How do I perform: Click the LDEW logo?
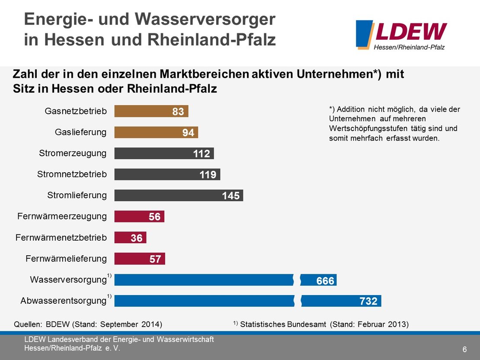click(x=401, y=35)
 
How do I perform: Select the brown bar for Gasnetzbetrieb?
click(x=143, y=112)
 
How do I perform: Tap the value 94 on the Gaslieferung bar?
click(x=188, y=133)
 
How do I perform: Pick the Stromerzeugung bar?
click(x=151, y=154)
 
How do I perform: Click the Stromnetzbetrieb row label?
click(x=72, y=174)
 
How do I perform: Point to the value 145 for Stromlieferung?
click(x=230, y=196)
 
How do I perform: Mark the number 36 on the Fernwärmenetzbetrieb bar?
click(x=137, y=238)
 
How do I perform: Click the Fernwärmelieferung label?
click(x=66, y=259)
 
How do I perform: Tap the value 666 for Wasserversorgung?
click(x=325, y=281)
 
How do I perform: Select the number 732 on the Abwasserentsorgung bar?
click(x=368, y=301)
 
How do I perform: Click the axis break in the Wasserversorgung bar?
click(x=297, y=280)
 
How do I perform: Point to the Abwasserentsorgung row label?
click(x=63, y=301)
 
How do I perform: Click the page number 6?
click(x=464, y=350)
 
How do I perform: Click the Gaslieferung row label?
click(x=81, y=132)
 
